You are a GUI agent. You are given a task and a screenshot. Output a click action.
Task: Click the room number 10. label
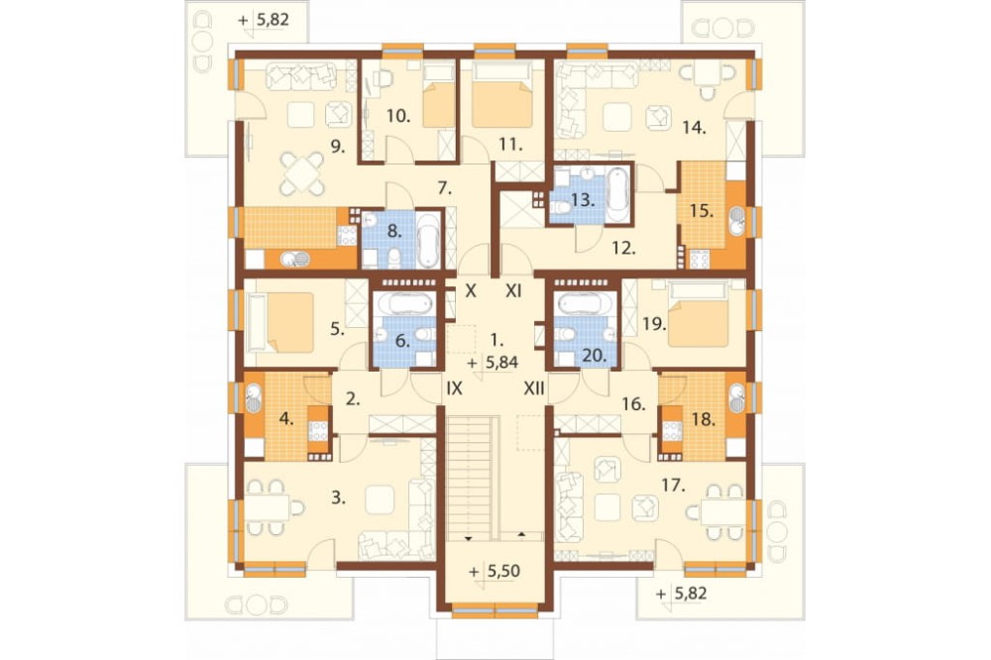pyautogui.click(x=398, y=116)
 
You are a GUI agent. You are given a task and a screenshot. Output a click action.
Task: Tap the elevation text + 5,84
pyautogui.click(x=494, y=363)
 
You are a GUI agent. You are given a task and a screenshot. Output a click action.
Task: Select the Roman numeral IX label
pyautogui.click(x=455, y=388)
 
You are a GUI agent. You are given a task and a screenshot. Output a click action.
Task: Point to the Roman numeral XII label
pyautogui.click(x=534, y=388)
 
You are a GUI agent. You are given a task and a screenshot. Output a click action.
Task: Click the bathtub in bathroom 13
pyautogui.click(x=617, y=195)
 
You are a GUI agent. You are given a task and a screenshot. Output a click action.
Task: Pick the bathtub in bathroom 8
pyautogui.click(x=429, y=240)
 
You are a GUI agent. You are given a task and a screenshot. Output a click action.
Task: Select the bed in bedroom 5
pyautogui.click(x=281, y=322)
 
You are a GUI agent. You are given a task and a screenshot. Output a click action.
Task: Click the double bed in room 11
pyautogui.click(x=501, y=95)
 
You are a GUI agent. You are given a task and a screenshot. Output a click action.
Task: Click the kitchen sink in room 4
pyautogui.click(x=254, y=398)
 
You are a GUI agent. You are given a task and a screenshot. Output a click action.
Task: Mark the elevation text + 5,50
pyautogui.click(x=495, y=571)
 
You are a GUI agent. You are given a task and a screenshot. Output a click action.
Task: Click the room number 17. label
pyautogui.click(x=673, y=486)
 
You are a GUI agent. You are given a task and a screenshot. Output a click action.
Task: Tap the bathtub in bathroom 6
pyautogui.click(x=404, y=304)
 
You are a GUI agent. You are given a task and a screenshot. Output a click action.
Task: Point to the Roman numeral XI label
pyautogui.click(x=513, y=290)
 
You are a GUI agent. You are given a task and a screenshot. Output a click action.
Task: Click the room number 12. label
pyautogui.click(x=623, y=249)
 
